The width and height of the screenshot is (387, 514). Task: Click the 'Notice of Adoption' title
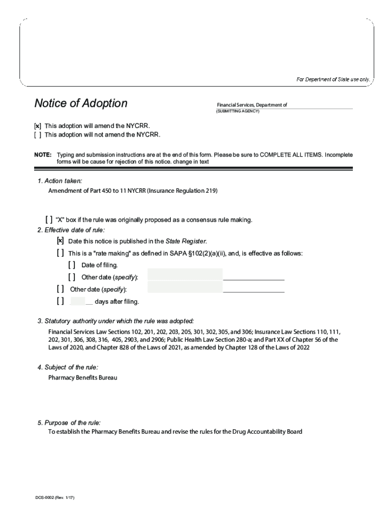(80, 103)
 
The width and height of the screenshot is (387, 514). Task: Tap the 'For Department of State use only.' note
(333, 79)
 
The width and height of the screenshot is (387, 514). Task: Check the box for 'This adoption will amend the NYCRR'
(38, 125)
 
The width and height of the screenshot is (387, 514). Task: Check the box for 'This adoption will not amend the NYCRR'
(38, 135)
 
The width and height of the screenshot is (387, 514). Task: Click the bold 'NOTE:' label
(42, 155)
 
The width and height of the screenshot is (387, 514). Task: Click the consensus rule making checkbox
(48, 220)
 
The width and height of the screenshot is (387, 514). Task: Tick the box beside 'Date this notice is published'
(60, 241)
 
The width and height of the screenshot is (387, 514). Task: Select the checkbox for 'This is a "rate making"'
(60, 253)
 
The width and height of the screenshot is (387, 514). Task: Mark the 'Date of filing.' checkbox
(72, 265)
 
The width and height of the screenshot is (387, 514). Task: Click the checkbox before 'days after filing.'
(60, 301)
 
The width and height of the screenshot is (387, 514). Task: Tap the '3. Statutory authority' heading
(115, 321)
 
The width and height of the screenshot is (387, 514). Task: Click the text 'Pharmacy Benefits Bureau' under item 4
(82, 377)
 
